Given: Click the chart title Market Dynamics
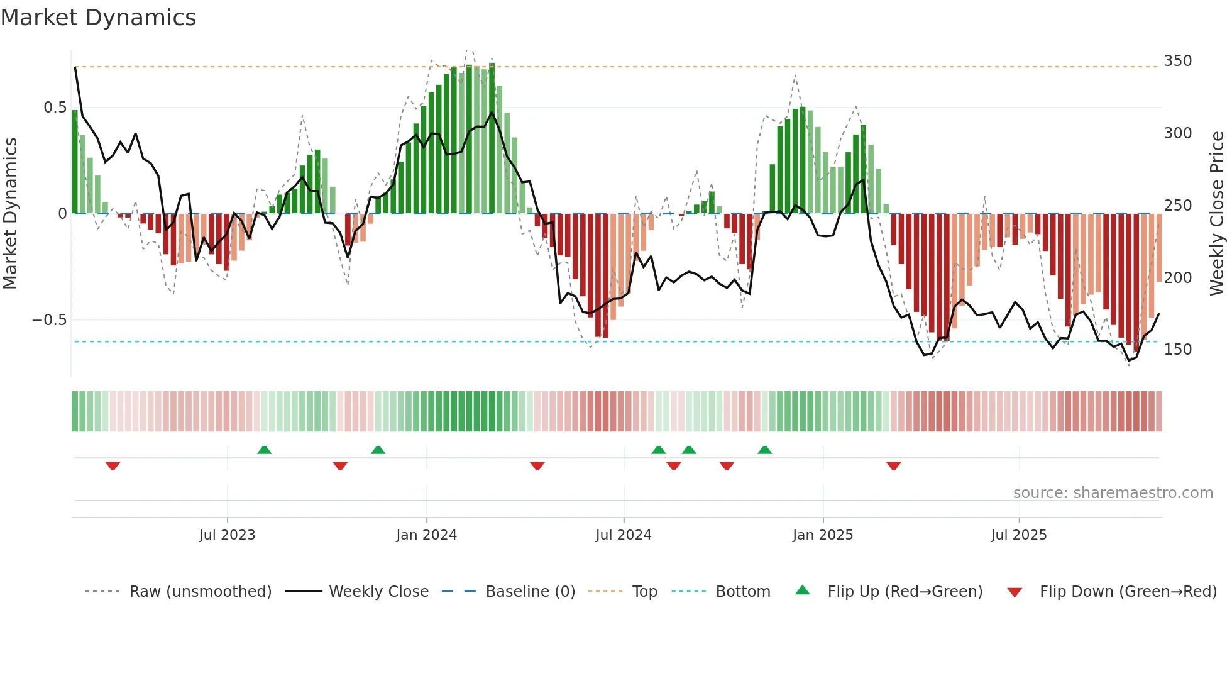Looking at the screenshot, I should tap(98, 18).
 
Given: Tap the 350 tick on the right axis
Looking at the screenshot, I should tap(1177, 61).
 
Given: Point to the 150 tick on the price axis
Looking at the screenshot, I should tap(1177, 350).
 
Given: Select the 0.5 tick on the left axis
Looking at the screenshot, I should tap(55, 108).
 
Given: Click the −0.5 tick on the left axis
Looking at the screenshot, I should tap(49, 320).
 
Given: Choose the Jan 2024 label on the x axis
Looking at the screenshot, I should tap(426, 535).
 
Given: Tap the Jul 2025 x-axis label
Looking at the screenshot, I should tap(1018, 535).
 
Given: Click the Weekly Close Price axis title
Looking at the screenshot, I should tap(1217, 214).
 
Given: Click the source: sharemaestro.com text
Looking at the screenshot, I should tap(1113, 493).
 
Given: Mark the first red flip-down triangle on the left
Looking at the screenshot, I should tap(113, 466).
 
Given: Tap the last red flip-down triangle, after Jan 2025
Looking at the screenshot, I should tap(893, 466).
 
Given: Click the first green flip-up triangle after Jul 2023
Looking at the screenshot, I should tap(264, 450).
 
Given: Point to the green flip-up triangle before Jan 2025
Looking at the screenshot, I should tap(764, 450).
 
